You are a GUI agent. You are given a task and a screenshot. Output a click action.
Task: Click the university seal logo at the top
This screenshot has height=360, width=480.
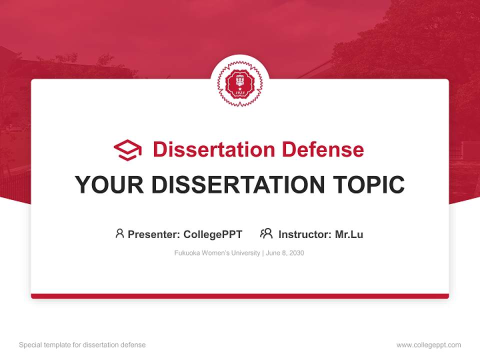tap(239, 83)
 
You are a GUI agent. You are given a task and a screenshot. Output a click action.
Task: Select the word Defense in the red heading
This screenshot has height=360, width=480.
tap(322, 149)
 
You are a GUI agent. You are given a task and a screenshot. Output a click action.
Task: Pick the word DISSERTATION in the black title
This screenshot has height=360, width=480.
tap(237, 185)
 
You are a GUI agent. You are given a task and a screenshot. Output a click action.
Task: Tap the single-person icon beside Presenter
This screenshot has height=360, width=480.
tap(119, 233)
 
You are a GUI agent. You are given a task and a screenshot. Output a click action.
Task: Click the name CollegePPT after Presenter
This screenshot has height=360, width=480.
tap(213, 234)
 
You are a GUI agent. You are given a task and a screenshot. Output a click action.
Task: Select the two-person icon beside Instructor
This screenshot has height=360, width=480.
tap(266, 233)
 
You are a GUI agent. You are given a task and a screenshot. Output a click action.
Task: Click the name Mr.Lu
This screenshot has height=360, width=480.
tap(349, 234)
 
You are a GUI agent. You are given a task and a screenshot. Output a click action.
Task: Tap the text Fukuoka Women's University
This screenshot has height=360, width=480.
tap(217, 253)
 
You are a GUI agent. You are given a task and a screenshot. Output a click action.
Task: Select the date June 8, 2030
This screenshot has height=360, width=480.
tap(285, 253)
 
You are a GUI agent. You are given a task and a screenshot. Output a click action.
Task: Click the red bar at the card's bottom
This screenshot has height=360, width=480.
tap(240, 296)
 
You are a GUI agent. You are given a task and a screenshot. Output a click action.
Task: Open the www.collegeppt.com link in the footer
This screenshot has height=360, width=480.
tap(428, 345)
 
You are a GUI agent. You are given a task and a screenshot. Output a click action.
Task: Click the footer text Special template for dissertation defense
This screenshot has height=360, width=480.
tap(82, 345)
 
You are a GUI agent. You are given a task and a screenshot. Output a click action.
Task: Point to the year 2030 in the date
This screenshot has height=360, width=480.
tap(296, 253)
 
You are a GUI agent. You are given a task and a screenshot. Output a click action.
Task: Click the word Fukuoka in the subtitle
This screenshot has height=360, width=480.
tap(186, 253)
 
